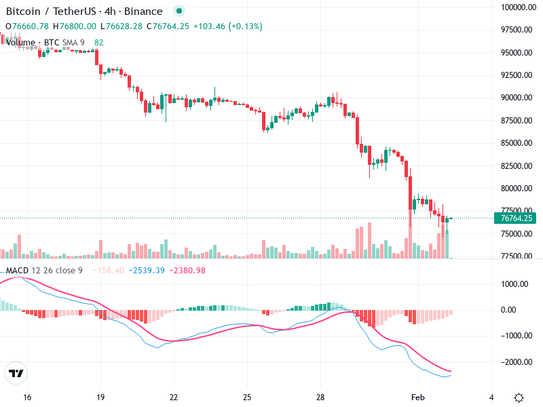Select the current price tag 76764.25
coord(517,218)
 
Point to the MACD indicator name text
coord(17,271)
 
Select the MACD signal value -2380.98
coord(187,271)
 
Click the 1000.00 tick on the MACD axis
coord(516,284)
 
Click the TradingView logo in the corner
coord(16,373)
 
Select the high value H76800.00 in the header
coord(75,26)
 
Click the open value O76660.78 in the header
coord(27,26)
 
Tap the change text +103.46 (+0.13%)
coord(227,26)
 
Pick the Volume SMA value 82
coord(99,43)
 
